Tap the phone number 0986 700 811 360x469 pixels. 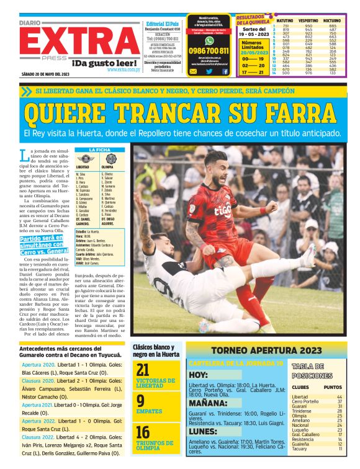coord(209,51)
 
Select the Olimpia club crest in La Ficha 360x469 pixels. coord(110,159)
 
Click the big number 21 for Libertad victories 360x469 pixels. coord(143,370)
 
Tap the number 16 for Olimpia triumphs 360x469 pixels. coord(143,432)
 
